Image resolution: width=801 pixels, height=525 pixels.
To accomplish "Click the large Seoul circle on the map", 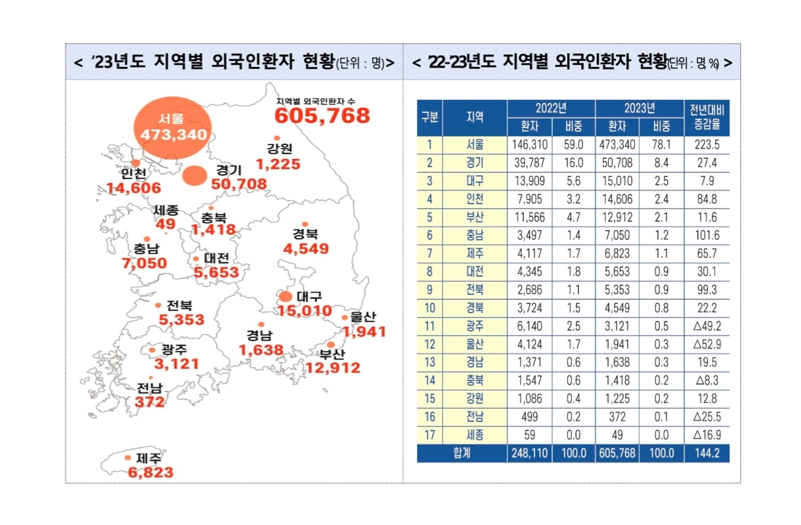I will [173, 129].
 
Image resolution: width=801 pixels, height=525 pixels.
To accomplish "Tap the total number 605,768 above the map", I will [322, 116].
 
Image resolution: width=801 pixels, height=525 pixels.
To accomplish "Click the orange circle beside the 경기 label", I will [194, 175].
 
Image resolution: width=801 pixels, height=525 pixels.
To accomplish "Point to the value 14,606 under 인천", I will [134, 188].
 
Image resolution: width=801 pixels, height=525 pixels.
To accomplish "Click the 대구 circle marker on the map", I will [285, 296].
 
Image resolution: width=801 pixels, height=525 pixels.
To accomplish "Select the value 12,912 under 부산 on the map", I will [333, 368].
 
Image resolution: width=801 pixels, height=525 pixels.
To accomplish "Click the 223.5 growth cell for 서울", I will [706, 145].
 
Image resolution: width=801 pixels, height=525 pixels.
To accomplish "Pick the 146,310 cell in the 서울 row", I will [529, 145].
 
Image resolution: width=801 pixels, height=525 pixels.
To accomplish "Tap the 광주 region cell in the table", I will [475, 325].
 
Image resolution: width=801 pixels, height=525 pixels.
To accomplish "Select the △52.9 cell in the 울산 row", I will [706, 343].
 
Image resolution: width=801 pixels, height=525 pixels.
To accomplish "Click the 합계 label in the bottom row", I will [462, 453].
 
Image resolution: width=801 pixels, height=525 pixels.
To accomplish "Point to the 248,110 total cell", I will [529, 453].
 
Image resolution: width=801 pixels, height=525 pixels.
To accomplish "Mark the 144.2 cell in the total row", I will [706, 453].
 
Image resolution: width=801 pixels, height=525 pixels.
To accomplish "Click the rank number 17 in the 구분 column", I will [429, 435].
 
